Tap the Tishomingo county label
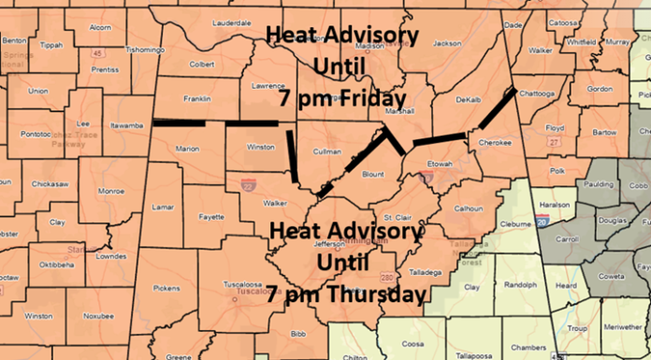pos(139,49)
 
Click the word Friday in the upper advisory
pos(376,97)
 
